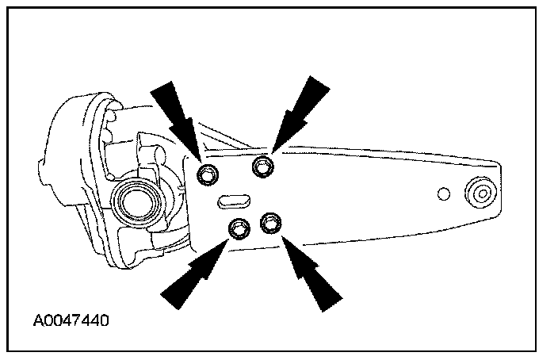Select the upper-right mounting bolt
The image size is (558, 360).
pos(262,167)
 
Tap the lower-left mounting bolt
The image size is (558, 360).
pos(238,229)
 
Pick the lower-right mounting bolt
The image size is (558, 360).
pos(270,222)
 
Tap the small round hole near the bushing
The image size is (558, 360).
pos(444,193)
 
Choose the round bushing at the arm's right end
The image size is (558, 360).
pos(480,193)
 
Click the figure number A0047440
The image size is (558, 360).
pos(71,322)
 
